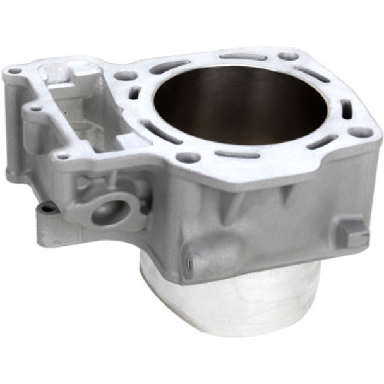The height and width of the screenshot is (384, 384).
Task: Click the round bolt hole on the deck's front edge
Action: tap(188, 157)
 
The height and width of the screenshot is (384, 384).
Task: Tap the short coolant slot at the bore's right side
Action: tap(347, 109)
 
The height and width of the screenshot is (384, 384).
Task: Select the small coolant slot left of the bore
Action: tap(134, 93)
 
